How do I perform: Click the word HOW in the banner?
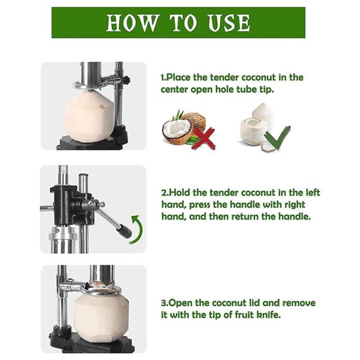coord(133,22)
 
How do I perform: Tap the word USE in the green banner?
coord(229,22)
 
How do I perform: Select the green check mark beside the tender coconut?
coord(277,137)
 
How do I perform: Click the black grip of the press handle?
coord(124,231)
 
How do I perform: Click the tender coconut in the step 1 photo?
coord(90,116)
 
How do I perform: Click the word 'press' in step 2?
coord(200,205)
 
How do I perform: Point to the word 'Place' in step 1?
coord(178,78)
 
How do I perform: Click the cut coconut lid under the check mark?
coord(269,147)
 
